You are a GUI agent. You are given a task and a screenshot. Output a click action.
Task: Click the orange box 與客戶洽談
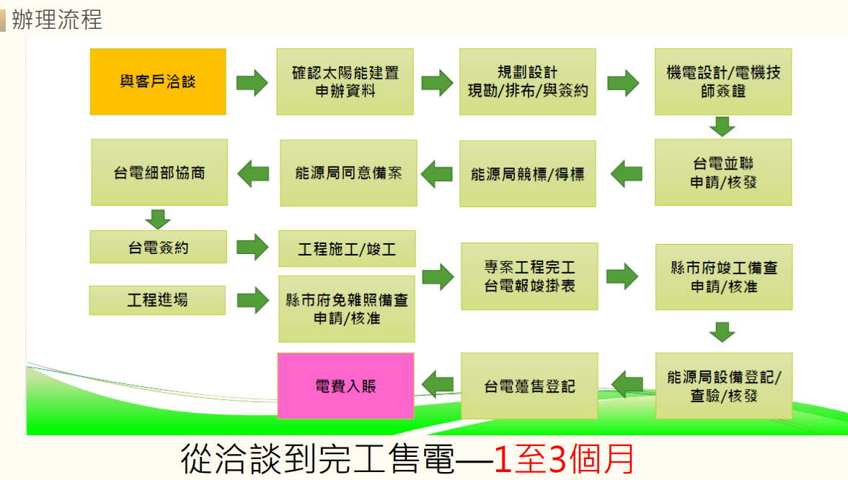[x=158, y=82]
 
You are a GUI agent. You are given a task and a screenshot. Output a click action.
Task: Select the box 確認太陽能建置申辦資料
[x=345, y=82]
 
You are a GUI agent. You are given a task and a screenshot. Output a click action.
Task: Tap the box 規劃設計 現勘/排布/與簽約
[x=528, y=82]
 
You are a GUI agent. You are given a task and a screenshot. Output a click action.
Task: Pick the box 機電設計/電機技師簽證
[x=723, y=82]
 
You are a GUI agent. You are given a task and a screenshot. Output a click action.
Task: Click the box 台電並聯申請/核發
[x=723, y=173]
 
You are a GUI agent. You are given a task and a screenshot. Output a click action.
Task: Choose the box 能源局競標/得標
[x=528, y=173]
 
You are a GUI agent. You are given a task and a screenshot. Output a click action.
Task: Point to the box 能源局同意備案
[x=348, y=173]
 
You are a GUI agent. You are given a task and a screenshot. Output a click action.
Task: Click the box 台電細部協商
[x=159, y=173]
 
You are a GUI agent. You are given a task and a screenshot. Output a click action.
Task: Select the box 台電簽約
[x=158, y=247]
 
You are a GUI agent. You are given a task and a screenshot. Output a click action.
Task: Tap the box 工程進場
[x=157, y=300]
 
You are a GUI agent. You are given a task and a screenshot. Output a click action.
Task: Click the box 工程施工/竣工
[x=347, y=249]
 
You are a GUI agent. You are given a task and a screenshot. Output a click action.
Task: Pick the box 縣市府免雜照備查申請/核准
[x=347, y=309]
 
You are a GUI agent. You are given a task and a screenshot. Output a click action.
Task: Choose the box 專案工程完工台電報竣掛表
[x=529, y=276]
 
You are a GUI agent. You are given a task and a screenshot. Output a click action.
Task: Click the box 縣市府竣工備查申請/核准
[x=723, y=276]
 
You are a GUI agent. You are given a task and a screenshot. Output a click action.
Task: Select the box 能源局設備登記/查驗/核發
[x=723, y=386]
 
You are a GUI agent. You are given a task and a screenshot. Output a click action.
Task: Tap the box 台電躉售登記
[x=529, y=386]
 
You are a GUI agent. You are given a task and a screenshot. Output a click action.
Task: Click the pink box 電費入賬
[x=346, y=386]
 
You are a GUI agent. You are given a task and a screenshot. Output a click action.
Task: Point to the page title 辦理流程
[x=57, y=19]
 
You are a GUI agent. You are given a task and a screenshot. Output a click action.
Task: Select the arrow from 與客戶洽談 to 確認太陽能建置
[x=252, y=82]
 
